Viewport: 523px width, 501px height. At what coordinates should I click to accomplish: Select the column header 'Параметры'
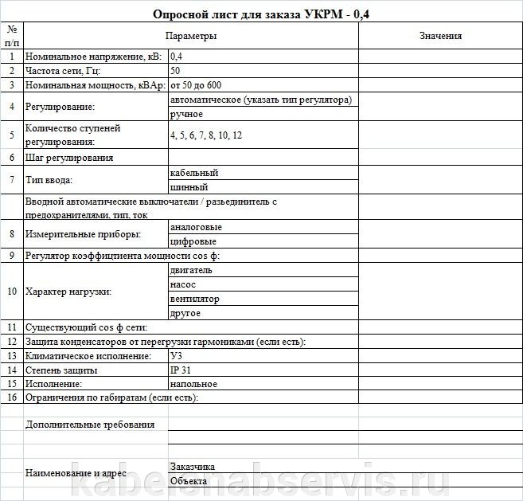(x=190, y=36)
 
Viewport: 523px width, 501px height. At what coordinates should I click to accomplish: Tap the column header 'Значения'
(x=439, y=36)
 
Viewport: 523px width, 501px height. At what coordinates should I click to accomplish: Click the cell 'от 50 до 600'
(x=195, y=85)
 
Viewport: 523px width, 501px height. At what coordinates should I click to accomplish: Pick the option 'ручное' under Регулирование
(x=187, y=114)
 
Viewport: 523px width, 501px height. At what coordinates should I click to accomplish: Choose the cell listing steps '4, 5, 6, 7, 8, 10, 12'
(x=205, y=135)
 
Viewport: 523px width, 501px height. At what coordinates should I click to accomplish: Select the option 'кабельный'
(x=194, y=173)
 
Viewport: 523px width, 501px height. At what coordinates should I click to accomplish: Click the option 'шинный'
(x=189, y=187)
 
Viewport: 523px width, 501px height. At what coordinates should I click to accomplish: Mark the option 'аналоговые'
(x=196, y=227)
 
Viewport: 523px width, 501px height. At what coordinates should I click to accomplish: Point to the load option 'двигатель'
(x=191, y=270)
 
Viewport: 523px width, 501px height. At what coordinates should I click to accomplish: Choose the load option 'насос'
(x=183, y=284)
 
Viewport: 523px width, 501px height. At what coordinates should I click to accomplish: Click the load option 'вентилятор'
(x=195, y=299)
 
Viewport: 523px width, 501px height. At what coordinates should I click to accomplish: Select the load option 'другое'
(x=185, y=313)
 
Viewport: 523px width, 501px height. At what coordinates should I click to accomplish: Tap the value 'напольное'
(x=194, y=384)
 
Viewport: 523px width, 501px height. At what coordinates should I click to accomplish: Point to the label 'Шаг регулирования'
(x=69, y=158)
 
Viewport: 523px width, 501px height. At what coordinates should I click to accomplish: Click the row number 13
(x=12, y=356)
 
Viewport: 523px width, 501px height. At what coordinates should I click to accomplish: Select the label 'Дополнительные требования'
(x=90, y=425)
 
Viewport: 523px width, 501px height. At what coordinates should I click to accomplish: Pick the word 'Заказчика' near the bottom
(x=193, y=467)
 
